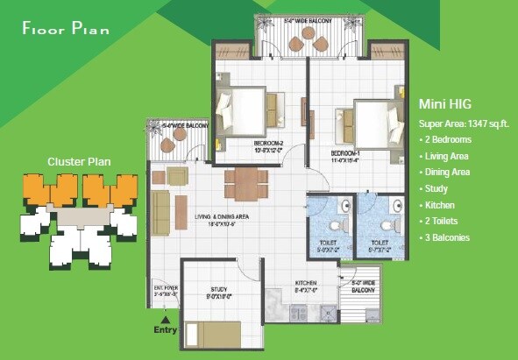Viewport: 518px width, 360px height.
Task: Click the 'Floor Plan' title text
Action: (x=67, y=28)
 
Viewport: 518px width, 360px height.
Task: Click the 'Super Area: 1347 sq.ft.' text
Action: (x=464, y=124)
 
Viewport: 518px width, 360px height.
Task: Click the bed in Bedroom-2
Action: (x=248, y=109)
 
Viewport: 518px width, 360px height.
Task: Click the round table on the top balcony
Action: (x=308, y=34)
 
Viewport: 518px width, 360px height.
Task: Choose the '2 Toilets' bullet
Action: (x=443, y=221)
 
